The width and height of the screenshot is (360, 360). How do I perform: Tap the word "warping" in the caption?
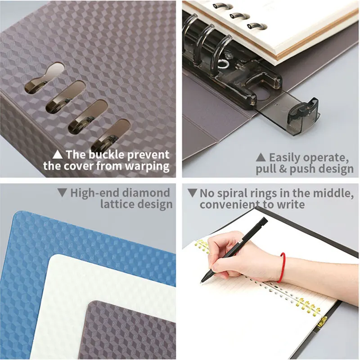pyautogui.click(x=148, y=166)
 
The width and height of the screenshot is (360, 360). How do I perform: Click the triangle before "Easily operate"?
pyautogui.click(x=261, y=157)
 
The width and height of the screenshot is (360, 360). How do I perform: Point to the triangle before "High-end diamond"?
pyautogui.click(x=62, y=193)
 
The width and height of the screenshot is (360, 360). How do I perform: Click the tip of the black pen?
pyautogui.click(x=203, y=280)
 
